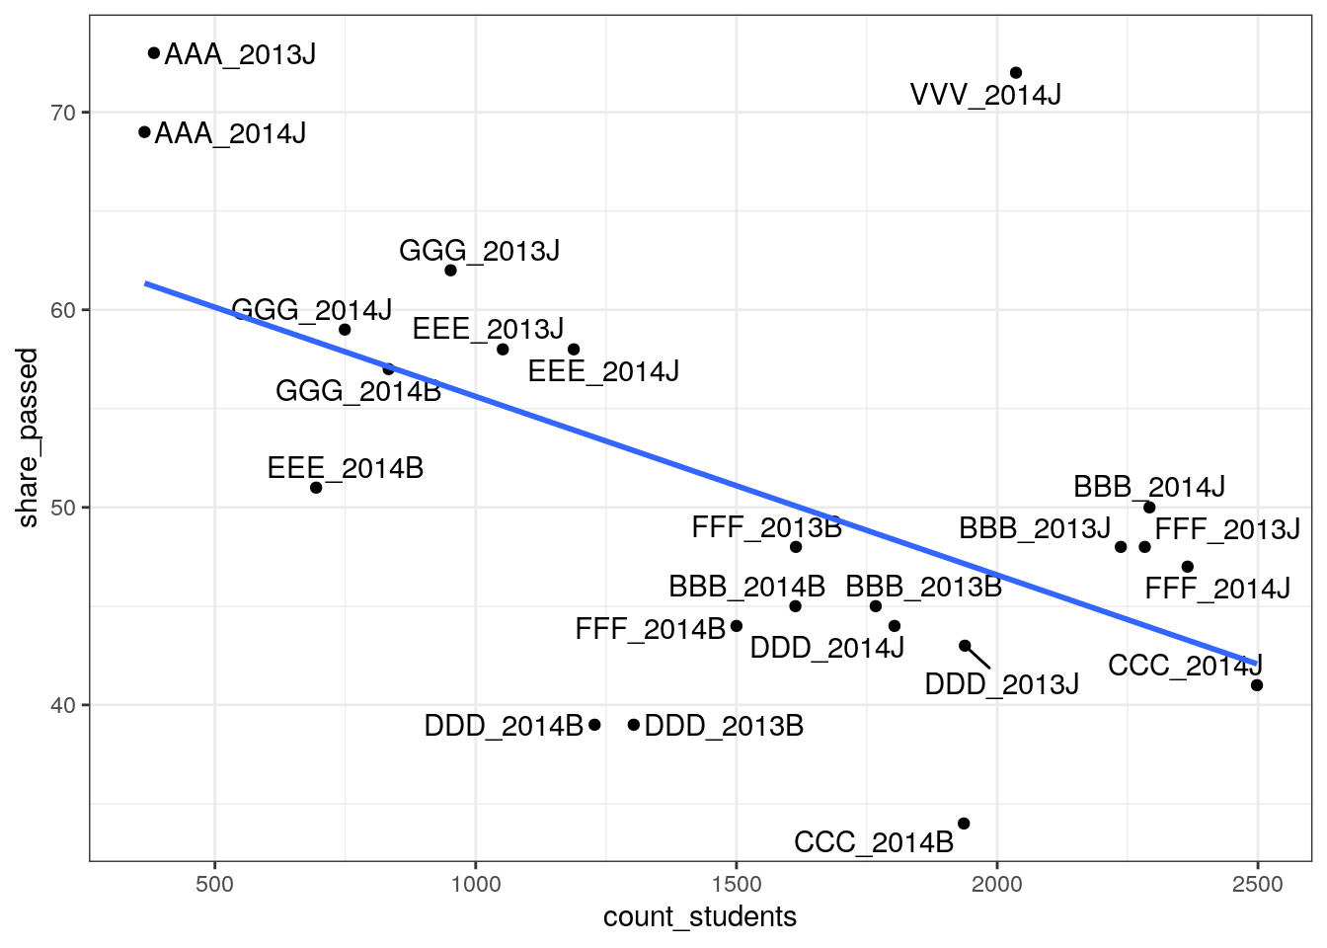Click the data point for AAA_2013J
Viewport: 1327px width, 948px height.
tap(154, 53)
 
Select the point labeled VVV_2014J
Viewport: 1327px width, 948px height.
tap(1016, 73)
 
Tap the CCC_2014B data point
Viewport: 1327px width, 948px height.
tap(964, 824)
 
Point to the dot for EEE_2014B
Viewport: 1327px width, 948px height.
tap(316, 488)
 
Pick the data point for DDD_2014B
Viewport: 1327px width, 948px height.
tap(594, 725)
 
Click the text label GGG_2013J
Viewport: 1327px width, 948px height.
tap(479, 251)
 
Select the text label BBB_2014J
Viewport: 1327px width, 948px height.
tap(1149, 487)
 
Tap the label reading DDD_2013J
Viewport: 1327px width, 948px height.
tap(1001, 683)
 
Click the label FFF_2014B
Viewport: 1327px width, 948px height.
tap(651, 628)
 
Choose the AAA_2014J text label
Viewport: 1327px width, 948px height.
tap(230, 133)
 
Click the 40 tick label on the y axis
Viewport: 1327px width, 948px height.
tap(63, 705)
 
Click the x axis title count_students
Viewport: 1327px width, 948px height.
tap(699, 917)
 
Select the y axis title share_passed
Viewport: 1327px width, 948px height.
tap(28, 437)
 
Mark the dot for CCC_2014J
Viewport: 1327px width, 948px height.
tap(1257, 685)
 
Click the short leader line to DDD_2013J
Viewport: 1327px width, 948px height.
tap(978, 657)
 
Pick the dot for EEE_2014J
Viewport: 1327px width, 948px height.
tap(574, 350)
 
